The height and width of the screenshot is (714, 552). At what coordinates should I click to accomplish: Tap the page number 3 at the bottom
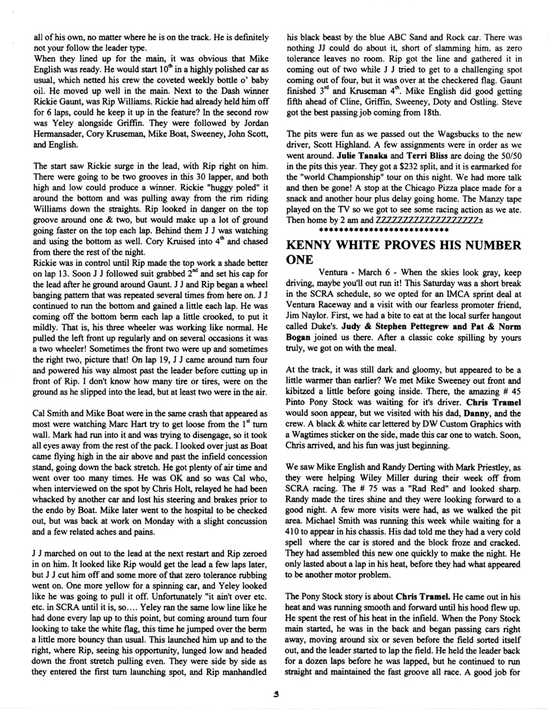[x=276, y=693]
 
